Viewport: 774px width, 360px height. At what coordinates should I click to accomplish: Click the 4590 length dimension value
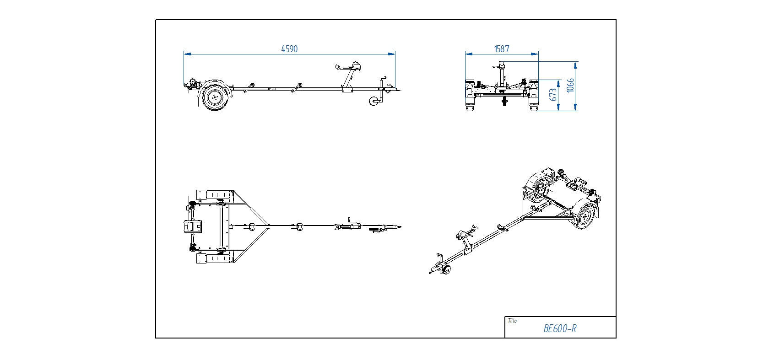289,49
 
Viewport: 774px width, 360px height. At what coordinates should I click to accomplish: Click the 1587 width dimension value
502,49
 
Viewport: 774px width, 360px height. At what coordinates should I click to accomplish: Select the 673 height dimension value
553,95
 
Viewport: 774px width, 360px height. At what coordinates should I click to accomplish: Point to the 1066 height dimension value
570,86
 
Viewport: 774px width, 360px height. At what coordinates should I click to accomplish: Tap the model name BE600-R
560,328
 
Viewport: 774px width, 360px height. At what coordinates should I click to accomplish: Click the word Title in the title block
512,321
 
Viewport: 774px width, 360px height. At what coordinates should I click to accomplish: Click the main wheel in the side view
214,97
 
